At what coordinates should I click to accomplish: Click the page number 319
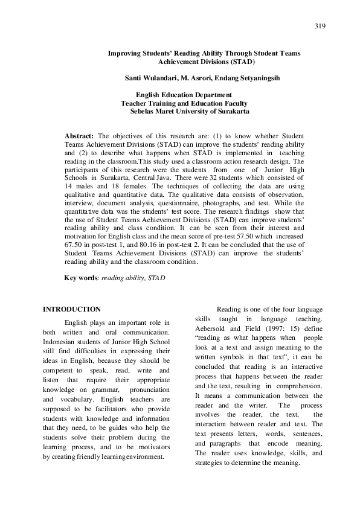[x=320, y=26]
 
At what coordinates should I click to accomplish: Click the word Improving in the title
[x=124, y=53]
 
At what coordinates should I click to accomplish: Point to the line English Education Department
[x=183, y=95]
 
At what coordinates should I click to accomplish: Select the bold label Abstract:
[x=79, y=136]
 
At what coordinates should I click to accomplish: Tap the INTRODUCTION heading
[x=71, y=309]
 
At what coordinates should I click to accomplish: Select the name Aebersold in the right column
[x=213, y=328]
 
